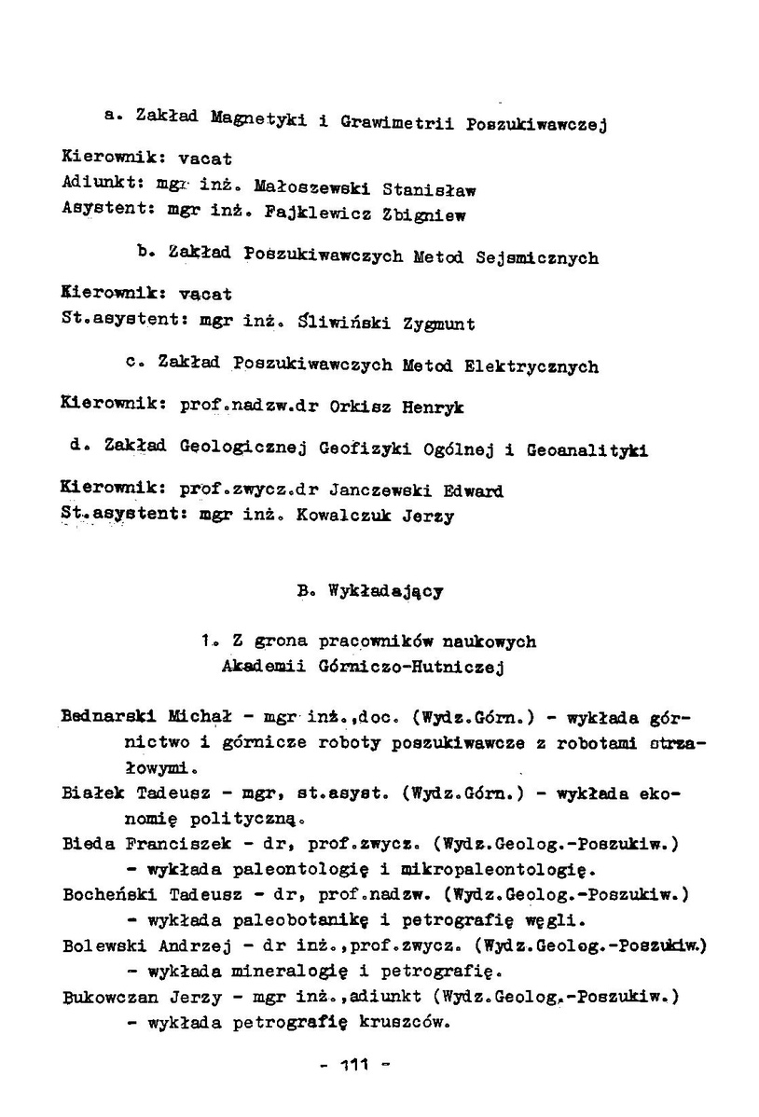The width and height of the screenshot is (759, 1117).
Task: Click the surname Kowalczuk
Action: coord(347,516)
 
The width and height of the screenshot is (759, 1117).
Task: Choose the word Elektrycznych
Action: coord(531,366)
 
